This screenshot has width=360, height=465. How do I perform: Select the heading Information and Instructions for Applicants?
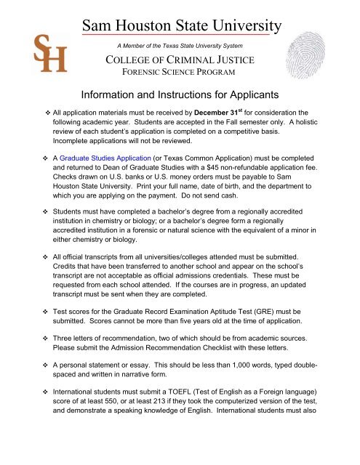[180, 94]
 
